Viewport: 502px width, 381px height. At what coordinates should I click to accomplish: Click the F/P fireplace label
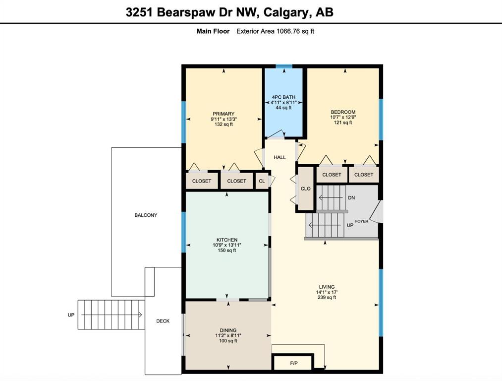pyautogui.click(x=293, y=364)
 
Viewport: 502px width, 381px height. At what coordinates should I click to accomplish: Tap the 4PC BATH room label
pyautogui.click(x=283, y=97)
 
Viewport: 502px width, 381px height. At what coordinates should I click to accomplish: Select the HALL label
pyautogui.click(x=279, y=157)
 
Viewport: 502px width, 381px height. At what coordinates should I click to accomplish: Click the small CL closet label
pyautogui.click(x=262, y=181)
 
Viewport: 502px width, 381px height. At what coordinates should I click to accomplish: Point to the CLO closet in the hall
pyautogui.click(x=306, y=189)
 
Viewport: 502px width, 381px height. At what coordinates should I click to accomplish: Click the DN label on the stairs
pyautogui.click(x=351, y=197)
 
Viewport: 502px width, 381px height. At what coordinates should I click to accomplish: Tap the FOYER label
pyautogui.click(x=361, y=221)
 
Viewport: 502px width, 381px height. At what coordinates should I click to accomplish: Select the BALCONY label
pyautogui.click(x=146, y=215)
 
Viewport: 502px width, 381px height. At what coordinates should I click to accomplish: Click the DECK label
pyautogui.click(x=163, y=321)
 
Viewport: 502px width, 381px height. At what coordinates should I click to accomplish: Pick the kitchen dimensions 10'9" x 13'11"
pyautogui.click(x=226, y=245)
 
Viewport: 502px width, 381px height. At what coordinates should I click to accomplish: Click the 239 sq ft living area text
pyautogui.click(x=327, y=298)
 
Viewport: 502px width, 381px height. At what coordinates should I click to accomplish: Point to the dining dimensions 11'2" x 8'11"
pyautogui.click(x=228, y=335)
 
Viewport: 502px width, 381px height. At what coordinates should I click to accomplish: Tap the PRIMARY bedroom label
pyautogui.click(x=223, y=114)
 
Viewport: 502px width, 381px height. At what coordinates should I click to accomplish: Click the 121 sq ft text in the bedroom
pyautogui.click(x=343, y=123)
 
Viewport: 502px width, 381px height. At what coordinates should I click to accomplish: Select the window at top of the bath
pyautogui.click(x=283, y=66)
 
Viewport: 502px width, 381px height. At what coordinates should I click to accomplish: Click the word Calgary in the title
pyautogui.click(x=284, y=12)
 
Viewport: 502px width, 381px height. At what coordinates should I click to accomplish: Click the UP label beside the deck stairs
pyautogui.click(x=71, y=315)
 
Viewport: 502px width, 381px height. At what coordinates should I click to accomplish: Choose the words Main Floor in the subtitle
pyautogui.click(x=213, y=31)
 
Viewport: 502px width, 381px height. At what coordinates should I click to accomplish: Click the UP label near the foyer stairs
pyautogui.click(x=350, y=225)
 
